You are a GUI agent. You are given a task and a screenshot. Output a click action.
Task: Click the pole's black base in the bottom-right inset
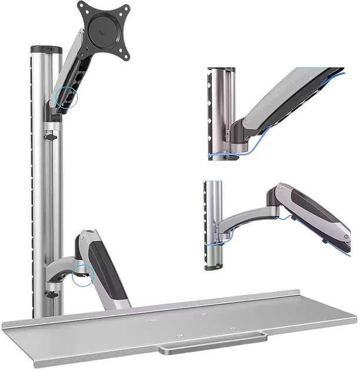pyautogui.click(x=214, y=259)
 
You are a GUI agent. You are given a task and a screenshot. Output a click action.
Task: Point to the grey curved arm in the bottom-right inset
pyautogui.click(x=247, y=220)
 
